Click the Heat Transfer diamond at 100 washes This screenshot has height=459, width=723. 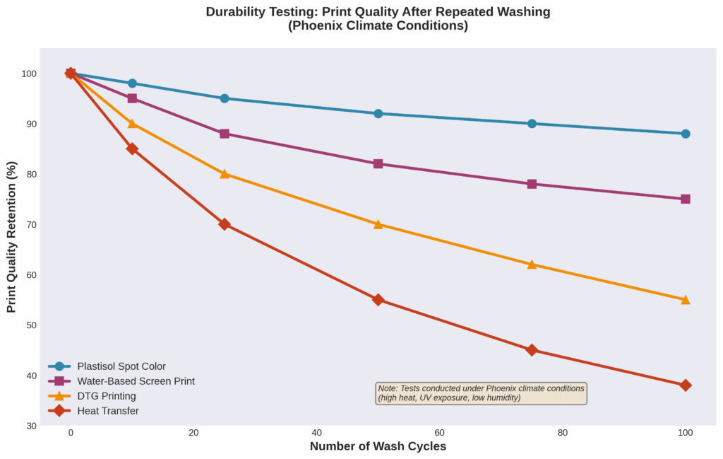[x=685, y=385]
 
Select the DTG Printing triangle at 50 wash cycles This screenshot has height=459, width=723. [x=378, y=224]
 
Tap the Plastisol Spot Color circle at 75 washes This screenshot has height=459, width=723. [x=532, y=124]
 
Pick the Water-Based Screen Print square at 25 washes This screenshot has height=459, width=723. [x=225, y=134]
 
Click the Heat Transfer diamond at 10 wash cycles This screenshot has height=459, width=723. [x=132, y=149]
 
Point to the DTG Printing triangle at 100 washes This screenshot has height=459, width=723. [x=685, y=300]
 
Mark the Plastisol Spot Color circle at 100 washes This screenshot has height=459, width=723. [x=685, y=134]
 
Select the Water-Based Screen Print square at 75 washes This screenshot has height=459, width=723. [x=532, y=184]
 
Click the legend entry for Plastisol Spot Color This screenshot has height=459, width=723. [x=121, y=366]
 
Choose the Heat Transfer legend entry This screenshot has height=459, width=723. [x=107, y=411]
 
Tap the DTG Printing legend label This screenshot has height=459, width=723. [x=107, y=396]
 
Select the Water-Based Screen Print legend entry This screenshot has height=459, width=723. [x=136, y=381]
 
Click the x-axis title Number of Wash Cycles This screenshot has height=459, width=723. [x=378, y=447]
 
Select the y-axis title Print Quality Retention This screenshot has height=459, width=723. [x=11, y=237]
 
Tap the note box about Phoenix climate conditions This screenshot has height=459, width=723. [x=482, y=393]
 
